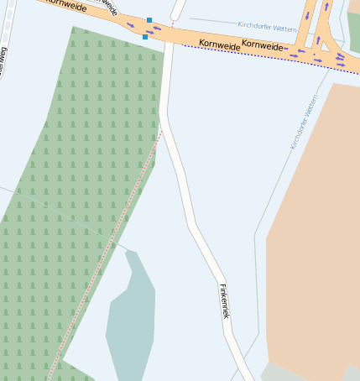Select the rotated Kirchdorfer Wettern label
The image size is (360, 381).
pyautogui.click(x=304, y=123)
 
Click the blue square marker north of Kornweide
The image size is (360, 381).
pyautogui.click(x=149, y=19)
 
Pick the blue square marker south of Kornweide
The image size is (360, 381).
pyautogui.click(x=145, y=37)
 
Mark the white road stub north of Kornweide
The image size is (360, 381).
pyautogui.click(x=176, y=10)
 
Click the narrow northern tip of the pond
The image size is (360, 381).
pyautogui.click(x=130, y=253)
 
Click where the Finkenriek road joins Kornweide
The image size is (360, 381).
pyautogui.click(x=170, y=38)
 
